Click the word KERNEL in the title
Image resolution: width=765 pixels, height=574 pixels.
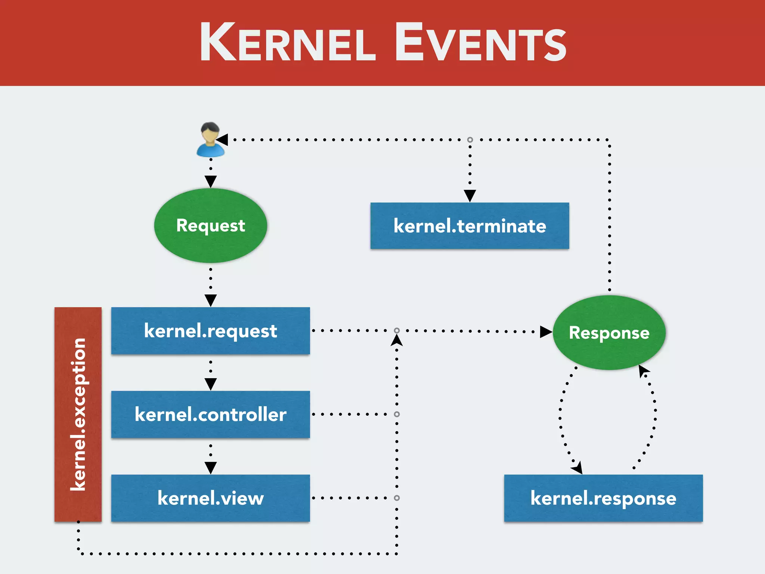288,42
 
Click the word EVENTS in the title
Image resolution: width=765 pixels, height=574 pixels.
481,42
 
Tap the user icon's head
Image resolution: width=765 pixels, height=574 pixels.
210,132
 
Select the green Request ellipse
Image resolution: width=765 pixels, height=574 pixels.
210,225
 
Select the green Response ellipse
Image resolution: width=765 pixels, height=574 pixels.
609,332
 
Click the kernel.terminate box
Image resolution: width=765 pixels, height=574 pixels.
470,226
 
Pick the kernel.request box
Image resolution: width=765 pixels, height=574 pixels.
210,331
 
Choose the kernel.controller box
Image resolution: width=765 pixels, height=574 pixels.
210,414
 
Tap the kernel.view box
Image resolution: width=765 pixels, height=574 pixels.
210,498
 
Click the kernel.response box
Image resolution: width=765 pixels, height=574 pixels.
603,498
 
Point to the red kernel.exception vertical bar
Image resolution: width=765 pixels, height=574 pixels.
78,414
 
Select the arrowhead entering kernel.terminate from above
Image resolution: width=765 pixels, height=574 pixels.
470,195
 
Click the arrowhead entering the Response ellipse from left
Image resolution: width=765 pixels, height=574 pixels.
546,331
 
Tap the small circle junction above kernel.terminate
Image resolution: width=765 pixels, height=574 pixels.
470,140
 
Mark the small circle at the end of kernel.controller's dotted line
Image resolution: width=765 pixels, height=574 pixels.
397,414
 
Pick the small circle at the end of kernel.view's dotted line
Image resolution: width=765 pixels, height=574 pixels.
397,498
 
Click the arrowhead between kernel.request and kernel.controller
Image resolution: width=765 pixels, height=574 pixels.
211,384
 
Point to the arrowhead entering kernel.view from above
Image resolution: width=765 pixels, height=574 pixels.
211,467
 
